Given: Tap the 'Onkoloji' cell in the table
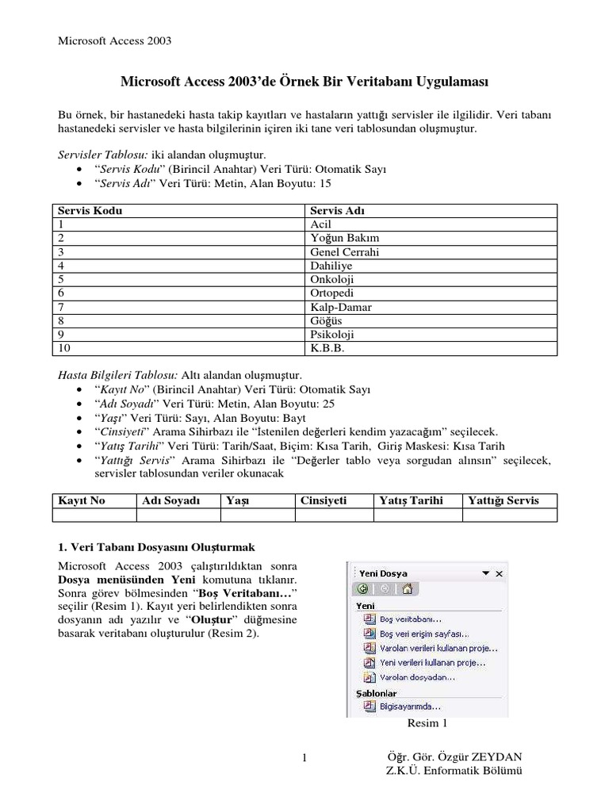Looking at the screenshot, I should click(332, 279).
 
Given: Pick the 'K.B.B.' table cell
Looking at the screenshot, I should click(327, 347).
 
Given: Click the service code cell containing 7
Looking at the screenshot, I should click(60, 306).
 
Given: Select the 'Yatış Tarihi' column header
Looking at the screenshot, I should click(411, 500).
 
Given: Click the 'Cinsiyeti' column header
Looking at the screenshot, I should click(324, 500).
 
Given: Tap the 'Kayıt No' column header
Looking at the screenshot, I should click(82, 500).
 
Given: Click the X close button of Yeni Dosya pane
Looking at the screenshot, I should click(498, 573).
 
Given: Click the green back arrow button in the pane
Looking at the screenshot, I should click(362, 588).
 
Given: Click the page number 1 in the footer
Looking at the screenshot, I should click(304, 760).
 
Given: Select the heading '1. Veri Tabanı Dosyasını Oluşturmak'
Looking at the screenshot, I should click(156, 548).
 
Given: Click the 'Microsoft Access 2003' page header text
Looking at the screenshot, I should click(116, 40).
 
